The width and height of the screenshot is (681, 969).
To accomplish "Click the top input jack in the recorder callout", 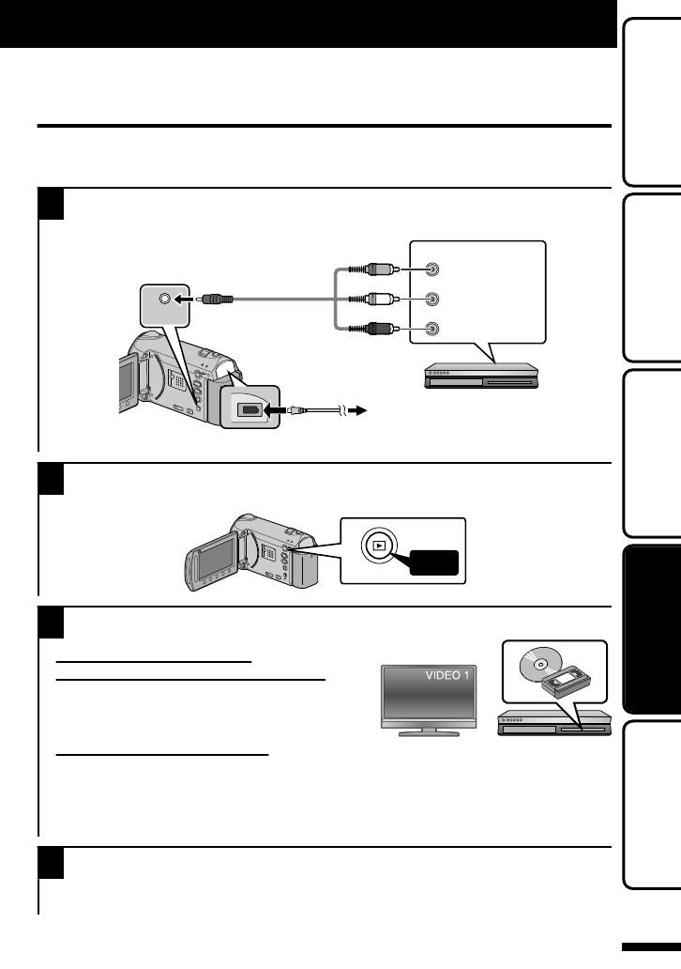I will click(x=431, y=269).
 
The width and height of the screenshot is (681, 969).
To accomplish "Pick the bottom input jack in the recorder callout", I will click(x=431, y=330).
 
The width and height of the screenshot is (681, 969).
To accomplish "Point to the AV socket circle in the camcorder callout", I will click(x=165, y=300).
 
